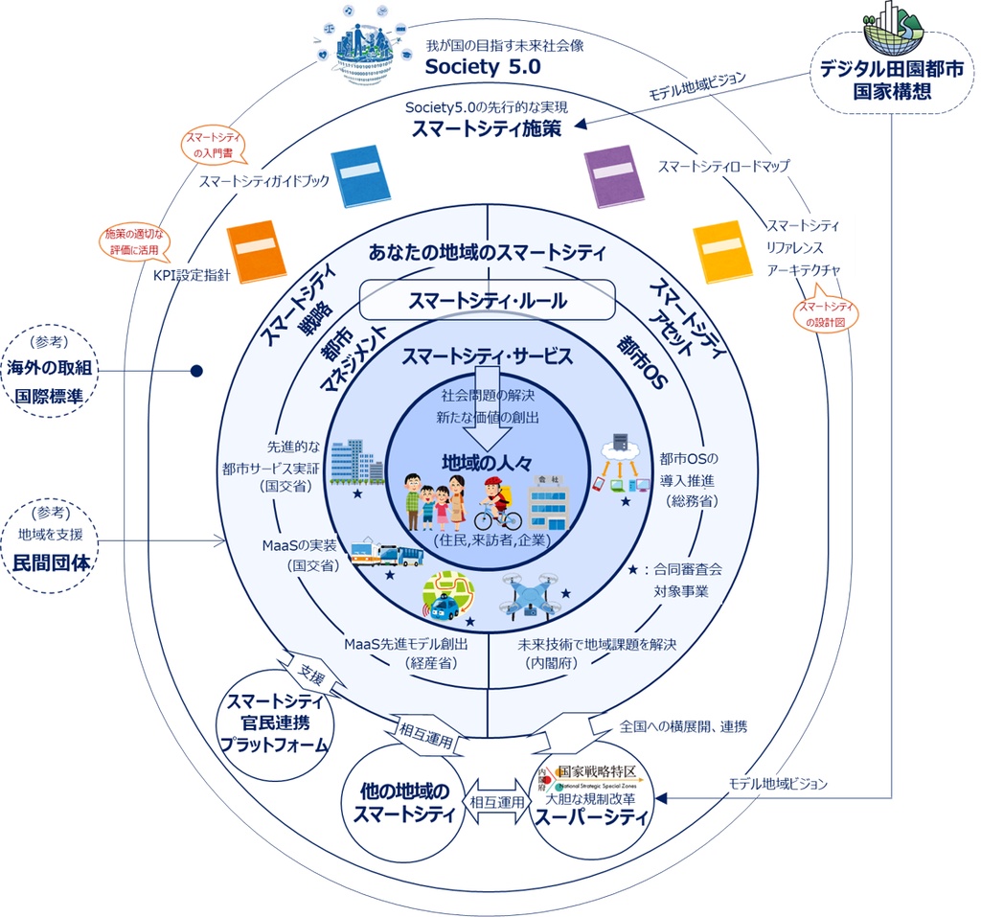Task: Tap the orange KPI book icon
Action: (x=256, y=252)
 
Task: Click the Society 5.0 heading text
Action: (x=484, y=67)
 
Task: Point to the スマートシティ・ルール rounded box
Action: (x=487, y=301)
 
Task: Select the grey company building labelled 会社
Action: (x=548, y=503)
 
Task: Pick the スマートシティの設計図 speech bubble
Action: (x=826, y=314)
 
